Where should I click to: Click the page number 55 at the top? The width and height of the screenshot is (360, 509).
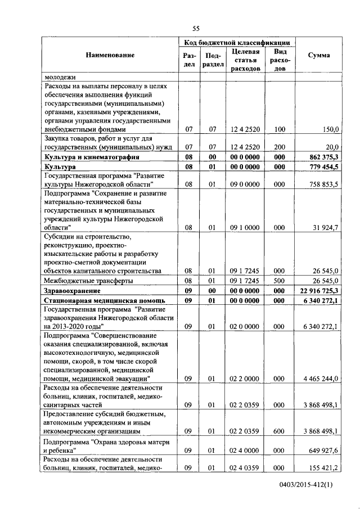[196, 28]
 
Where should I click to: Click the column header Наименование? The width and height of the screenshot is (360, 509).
[110, 55]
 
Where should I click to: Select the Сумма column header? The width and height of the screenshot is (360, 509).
[319, 55]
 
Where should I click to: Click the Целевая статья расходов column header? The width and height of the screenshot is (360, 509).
[245, 60]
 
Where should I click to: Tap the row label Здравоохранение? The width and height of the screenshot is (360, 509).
[73, 291]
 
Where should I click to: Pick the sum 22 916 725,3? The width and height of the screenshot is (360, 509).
[318, 291]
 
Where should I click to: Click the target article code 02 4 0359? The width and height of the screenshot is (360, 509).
[245, 467]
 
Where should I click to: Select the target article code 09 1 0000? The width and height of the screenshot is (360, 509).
[245, 227]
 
